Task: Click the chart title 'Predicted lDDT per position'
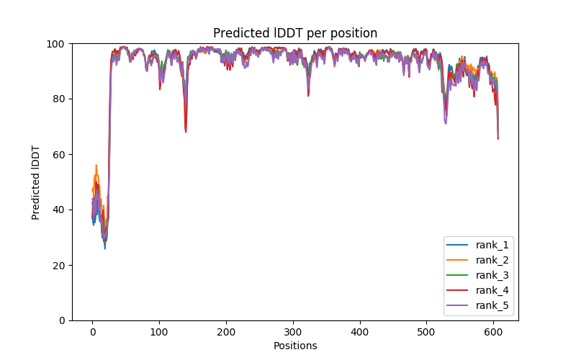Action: tap(295, 33)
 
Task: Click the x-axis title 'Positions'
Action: tap(295, 346)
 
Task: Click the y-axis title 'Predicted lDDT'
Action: tap(36, 182)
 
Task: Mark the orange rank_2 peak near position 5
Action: tap(96, 165)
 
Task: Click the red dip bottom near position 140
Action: tap(186, 132)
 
